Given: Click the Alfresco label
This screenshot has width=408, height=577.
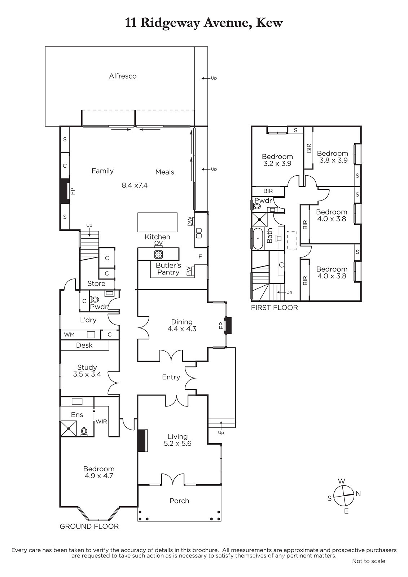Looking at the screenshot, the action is [x=123, y=76].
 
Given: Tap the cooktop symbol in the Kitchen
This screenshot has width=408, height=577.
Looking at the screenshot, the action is [x=158, y=255].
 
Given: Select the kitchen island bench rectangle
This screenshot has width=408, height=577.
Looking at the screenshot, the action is [x=158, y=222].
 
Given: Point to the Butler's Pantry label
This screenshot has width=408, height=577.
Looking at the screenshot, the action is [x=168, y=269].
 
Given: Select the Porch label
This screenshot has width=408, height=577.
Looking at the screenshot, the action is [x=179, y=501].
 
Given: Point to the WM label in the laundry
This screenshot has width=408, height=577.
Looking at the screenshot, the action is [x=69, y=335].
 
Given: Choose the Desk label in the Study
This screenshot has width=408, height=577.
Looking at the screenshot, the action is [x=84, y=345].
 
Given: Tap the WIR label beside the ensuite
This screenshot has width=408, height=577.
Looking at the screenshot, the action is [x=101, y=422].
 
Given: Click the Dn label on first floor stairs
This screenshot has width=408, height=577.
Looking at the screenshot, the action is [x=289, y=292].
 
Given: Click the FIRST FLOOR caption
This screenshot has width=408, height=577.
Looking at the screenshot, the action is [x=275, y=308].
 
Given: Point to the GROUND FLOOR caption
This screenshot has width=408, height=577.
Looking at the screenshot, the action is [x=89, y=527].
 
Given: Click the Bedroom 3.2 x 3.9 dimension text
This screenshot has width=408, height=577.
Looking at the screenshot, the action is [x=277, y=163].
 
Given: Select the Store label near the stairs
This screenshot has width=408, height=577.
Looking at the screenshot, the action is [x=96, y=283].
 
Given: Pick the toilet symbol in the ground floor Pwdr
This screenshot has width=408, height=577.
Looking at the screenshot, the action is [x=95, y=300].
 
